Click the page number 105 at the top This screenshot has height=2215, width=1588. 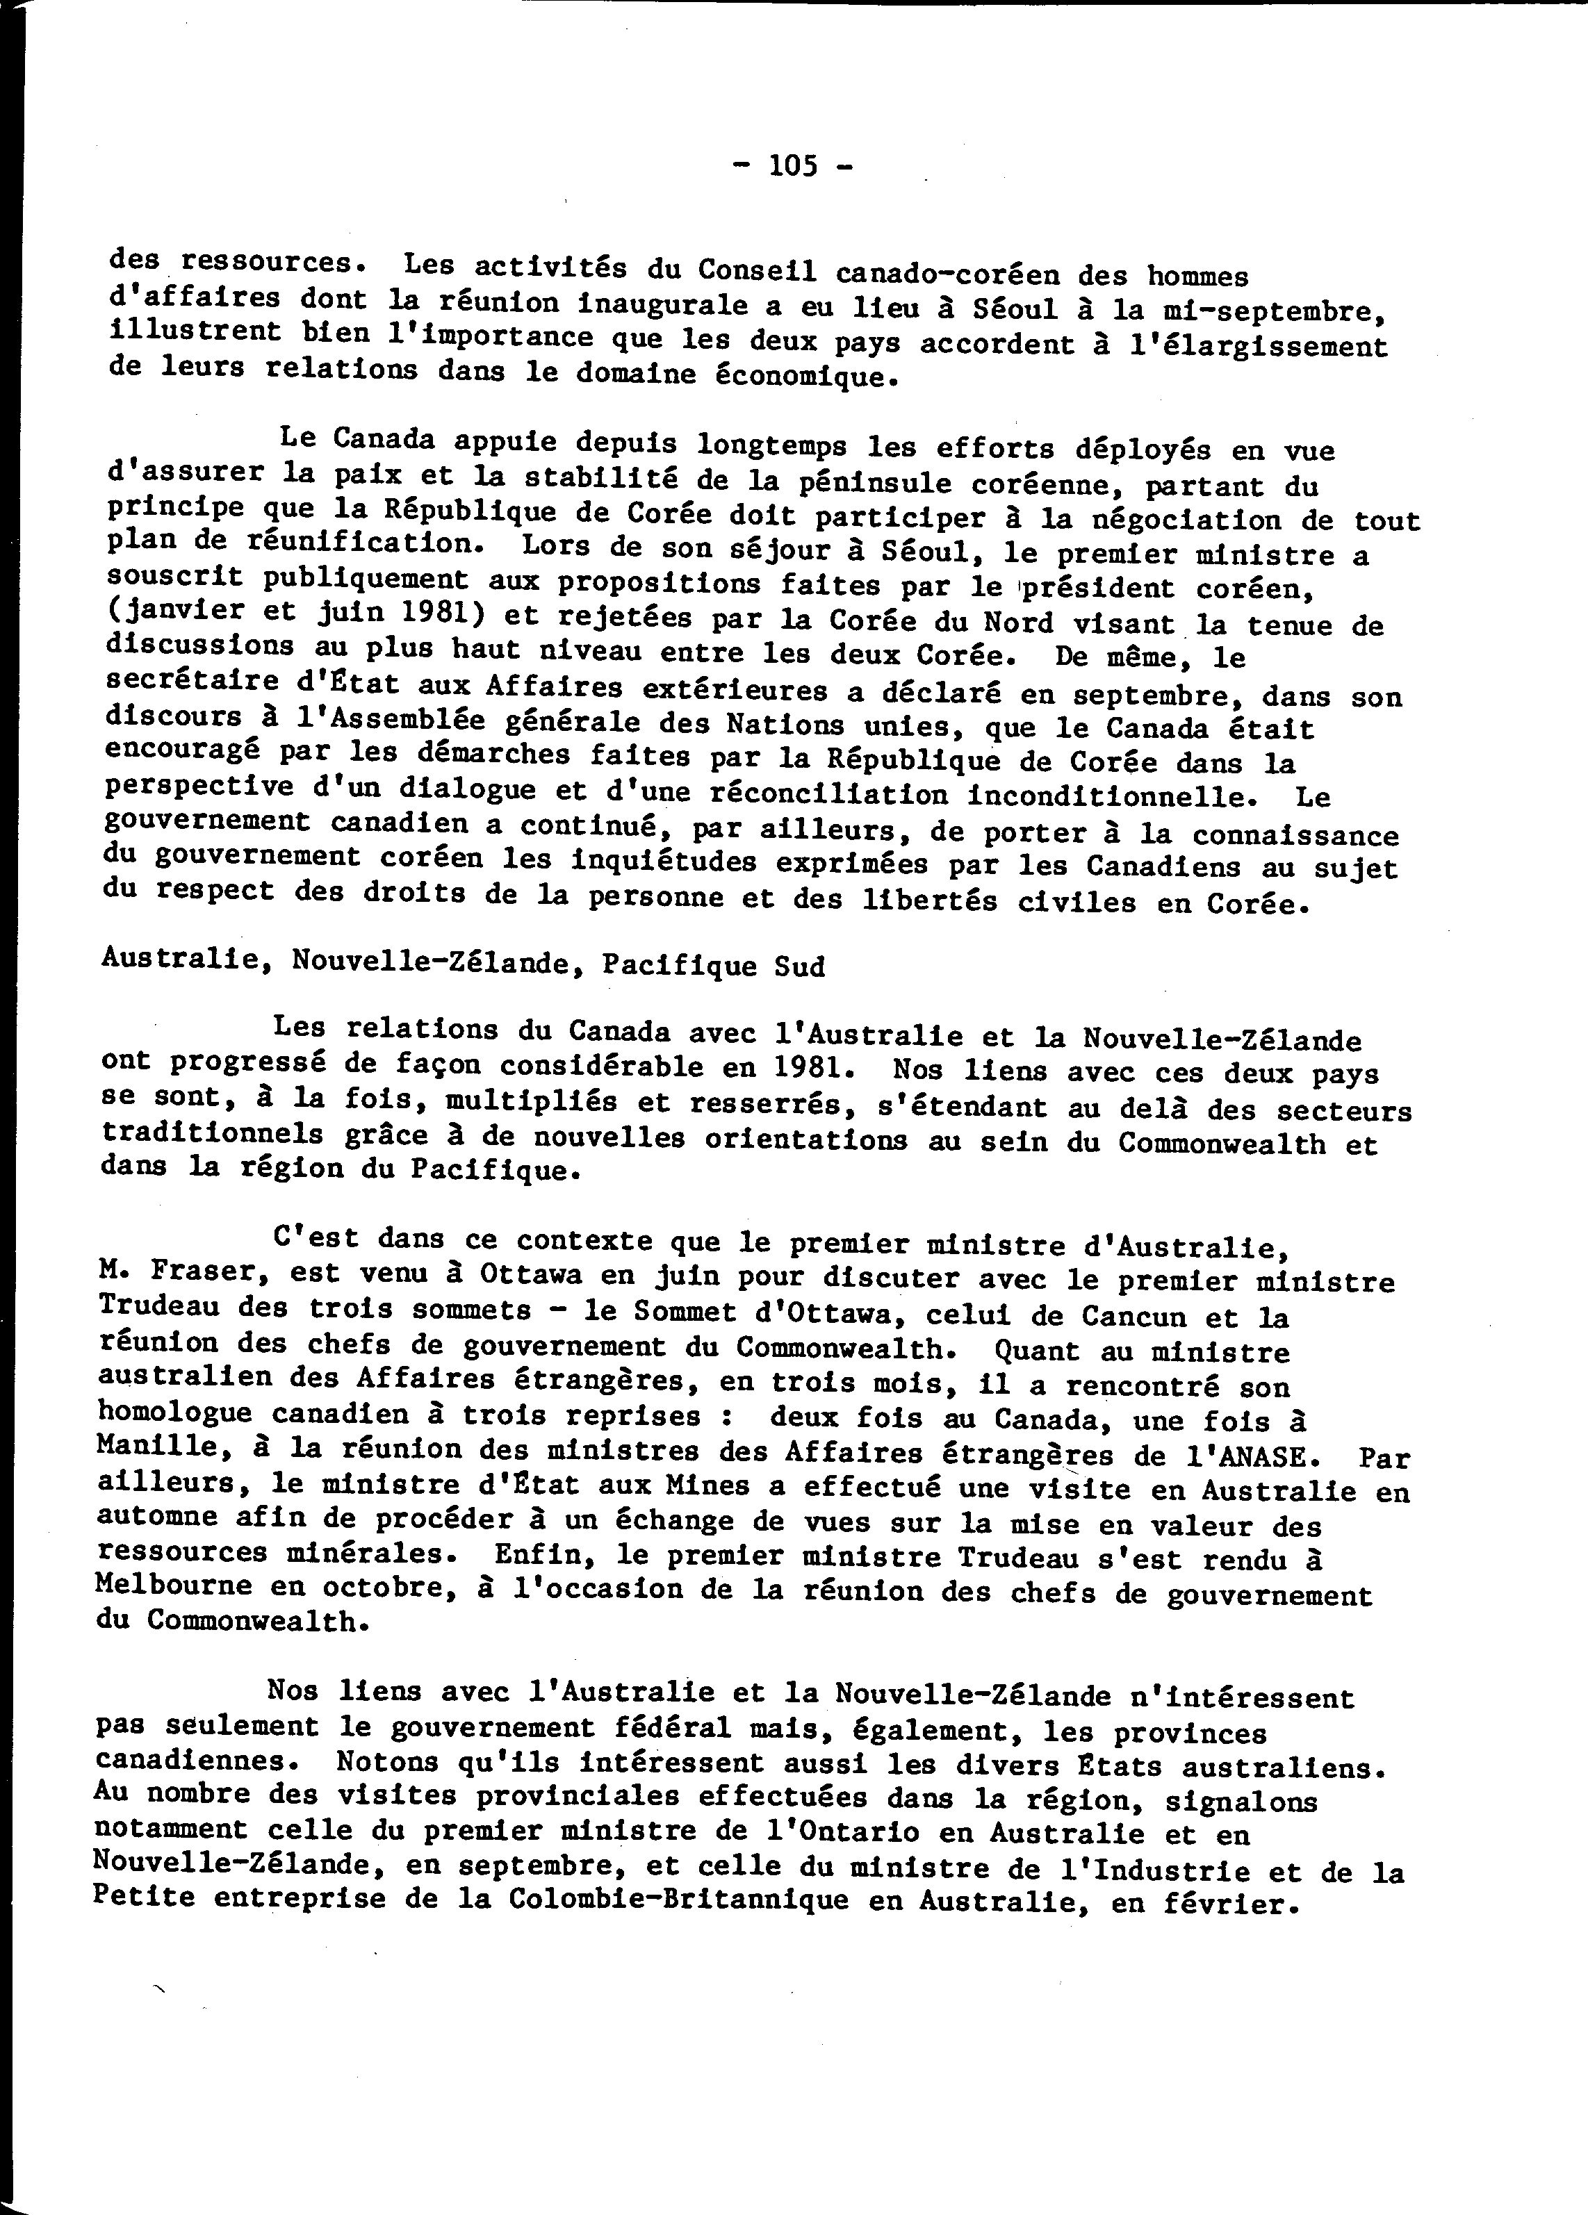tap(793, 166)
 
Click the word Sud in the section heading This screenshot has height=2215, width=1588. tap(799, 967)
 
